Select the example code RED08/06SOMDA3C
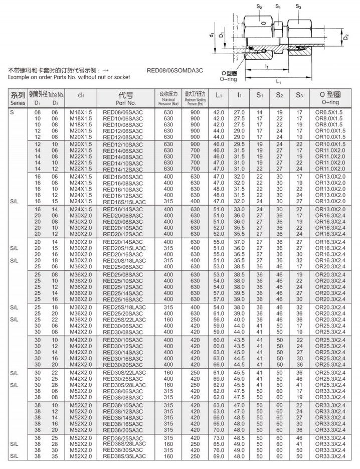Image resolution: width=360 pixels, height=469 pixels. tap(175, 71)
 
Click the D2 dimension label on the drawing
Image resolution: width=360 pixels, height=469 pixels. tap(346, 37)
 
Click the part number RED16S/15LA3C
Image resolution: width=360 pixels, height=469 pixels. tap(124, 202)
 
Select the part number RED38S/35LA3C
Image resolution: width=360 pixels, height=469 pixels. tap(124, 456)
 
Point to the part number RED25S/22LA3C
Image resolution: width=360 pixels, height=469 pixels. tap(124, 320)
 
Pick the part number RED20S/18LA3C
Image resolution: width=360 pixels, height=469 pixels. tap(124, 261)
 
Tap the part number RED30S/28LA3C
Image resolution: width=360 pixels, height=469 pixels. tap(124, 385)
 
